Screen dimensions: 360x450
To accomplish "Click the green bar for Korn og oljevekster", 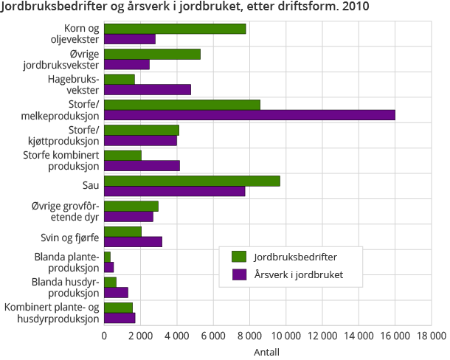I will tap(175, 29).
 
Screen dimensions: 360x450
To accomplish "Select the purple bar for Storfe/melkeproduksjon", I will tap(249, 115).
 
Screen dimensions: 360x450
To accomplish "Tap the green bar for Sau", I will tap(192, 181).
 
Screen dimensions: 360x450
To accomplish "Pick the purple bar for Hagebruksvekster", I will tap(148, 90).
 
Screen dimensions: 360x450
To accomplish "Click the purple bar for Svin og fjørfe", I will tap(133, 241).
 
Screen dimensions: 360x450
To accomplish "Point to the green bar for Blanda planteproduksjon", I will tap(108, 256).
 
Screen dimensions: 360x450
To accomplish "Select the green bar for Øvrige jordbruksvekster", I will tap(152, 54).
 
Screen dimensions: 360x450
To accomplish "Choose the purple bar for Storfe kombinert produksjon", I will tap(142, 165).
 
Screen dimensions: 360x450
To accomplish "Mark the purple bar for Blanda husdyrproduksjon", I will tap(116, 292).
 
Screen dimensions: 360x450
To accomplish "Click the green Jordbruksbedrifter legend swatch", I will tap(238, 256).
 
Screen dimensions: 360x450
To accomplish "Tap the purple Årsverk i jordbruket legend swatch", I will tap(238, 275).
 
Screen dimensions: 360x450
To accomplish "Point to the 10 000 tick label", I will tap(286, 336).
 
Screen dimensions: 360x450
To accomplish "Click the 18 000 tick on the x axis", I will tap(431, 336).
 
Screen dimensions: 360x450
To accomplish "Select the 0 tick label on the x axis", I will tap(104, 336).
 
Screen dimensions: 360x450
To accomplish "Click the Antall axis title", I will tap(266, 352).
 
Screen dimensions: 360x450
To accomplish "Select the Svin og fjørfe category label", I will tap(69, 237).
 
